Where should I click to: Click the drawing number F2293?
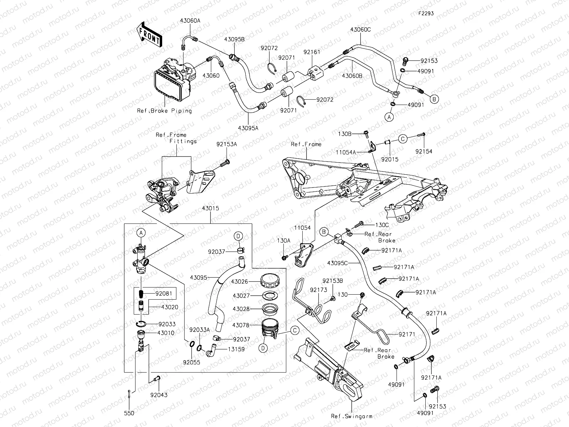426,14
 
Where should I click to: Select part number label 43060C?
360,30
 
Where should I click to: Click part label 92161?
312,52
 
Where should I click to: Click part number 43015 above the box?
211,208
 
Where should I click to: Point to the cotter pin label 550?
129,413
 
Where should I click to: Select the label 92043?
158,395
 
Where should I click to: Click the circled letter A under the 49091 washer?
389,117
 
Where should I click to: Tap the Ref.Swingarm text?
352,416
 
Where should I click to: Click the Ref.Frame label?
306,144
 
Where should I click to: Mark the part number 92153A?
227,144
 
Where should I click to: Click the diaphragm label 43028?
241,309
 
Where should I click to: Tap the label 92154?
424,151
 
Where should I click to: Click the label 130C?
382,225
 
